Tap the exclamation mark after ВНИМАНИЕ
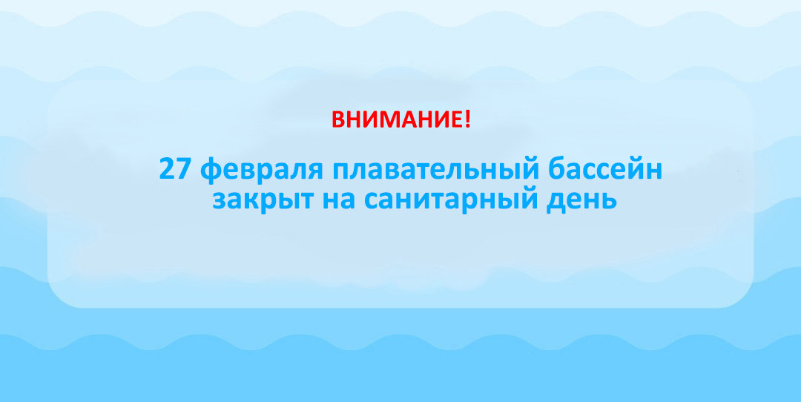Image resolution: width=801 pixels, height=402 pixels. [467, 119]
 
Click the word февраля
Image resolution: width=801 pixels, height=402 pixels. [262, 170]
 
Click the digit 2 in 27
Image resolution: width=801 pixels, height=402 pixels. [166, 169]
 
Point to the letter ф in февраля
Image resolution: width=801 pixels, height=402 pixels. [211, 171]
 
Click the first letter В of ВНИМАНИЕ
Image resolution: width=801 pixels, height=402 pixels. [338, 119]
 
